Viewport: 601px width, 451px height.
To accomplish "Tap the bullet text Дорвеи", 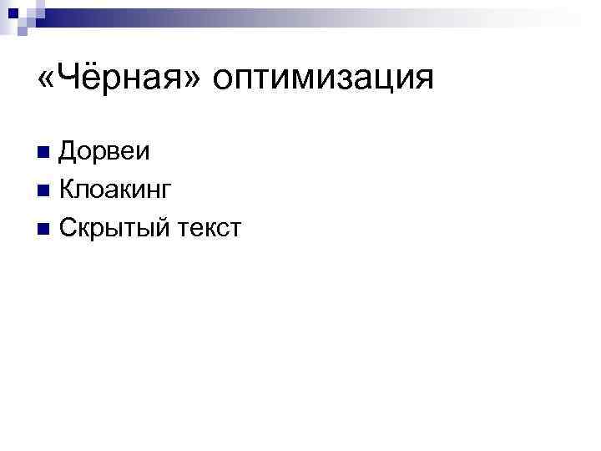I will click(x=104, y=152).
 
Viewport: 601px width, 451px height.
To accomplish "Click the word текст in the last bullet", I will click(x=210, y=227).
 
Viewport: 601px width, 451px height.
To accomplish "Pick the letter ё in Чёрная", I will click(x=86, y=79).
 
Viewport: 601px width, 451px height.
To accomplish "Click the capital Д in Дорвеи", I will click(x=67, y=152).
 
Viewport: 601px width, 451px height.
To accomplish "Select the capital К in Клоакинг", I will click(x=66, y=190).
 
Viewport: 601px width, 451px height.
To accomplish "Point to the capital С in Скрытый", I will click(x=67, y=227).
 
